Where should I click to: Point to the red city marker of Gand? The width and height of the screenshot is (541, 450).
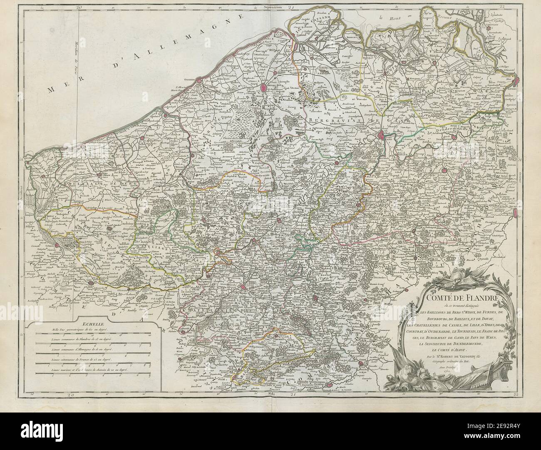click(382, 134)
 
